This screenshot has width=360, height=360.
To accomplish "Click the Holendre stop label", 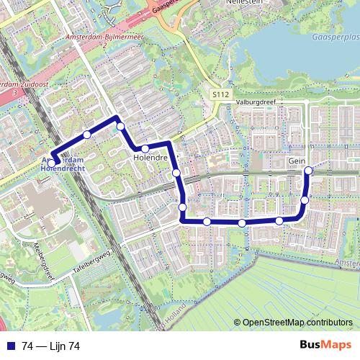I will [x=150, y=156].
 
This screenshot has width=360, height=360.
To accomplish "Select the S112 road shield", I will [x=220, y=94].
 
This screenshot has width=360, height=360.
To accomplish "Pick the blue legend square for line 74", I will [x=9, y=346].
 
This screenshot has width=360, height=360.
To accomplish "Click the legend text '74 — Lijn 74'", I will [x=50, y=346].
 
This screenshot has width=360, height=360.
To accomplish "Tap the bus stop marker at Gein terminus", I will [x=309, y=171].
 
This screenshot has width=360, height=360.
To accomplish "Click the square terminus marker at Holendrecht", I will [x=53, y=161].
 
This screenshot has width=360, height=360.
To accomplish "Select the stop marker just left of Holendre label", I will [x=145, y=149].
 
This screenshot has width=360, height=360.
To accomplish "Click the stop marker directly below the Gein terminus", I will [x=305, y=200].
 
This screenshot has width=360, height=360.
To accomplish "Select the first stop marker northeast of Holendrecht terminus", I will [x=87, y=135].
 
